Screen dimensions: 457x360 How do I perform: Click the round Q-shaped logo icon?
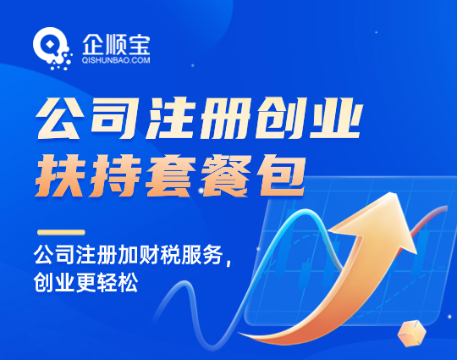coord(52,48)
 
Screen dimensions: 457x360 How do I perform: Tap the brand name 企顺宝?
coord(116,45)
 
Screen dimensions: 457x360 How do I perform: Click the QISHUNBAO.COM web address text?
coord(116,60)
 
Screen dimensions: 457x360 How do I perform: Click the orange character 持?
coord(115,175)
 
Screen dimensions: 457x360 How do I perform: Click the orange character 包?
coord(281,175)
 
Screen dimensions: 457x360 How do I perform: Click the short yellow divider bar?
coord(61,232)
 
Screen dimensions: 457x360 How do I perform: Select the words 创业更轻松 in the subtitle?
coord(86,282)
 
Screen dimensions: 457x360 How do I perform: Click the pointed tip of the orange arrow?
coord(397,194)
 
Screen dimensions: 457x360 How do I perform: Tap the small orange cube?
coord(411,333)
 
